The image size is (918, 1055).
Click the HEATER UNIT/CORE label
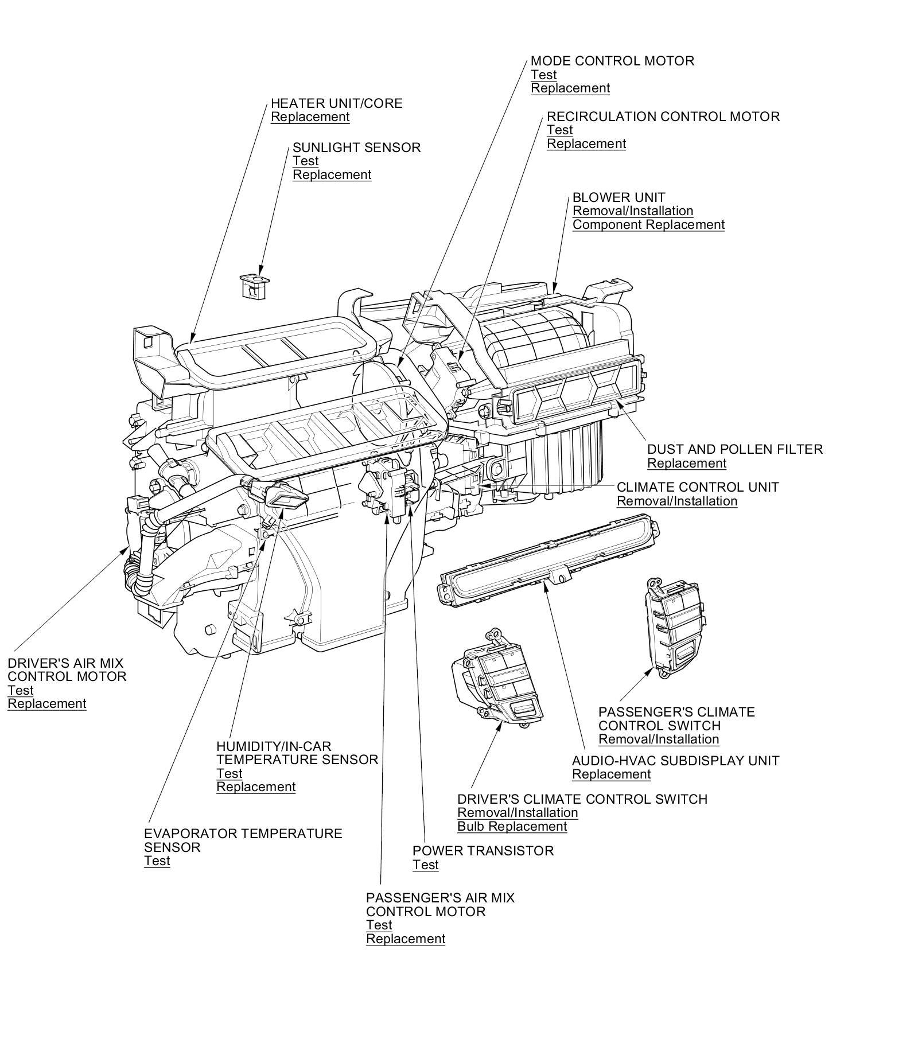coord(337,103)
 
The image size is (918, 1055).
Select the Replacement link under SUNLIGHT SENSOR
coord(332,174)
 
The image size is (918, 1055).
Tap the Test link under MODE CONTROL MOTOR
coord(544,75)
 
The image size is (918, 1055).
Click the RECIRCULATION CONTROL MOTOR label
coord(663,116)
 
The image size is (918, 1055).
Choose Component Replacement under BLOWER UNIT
coord(649,224)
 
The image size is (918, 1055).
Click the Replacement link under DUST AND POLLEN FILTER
coord(687,463)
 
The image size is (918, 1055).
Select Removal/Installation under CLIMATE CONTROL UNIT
coord(677,501)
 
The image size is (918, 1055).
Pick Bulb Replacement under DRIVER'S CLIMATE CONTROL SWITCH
coord(512,826)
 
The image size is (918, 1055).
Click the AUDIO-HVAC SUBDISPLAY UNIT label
coord(676,761)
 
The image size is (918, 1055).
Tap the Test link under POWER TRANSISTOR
coord(426,865)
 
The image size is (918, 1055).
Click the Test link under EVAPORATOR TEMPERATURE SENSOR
coord(157,861)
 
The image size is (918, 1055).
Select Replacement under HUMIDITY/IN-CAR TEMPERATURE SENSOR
coord(256,787)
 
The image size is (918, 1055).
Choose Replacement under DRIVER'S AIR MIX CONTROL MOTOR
coord(47,703)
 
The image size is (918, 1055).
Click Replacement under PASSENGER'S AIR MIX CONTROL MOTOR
coord(406,939)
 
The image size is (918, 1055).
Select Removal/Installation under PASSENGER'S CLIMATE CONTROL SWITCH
coord(659,739)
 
